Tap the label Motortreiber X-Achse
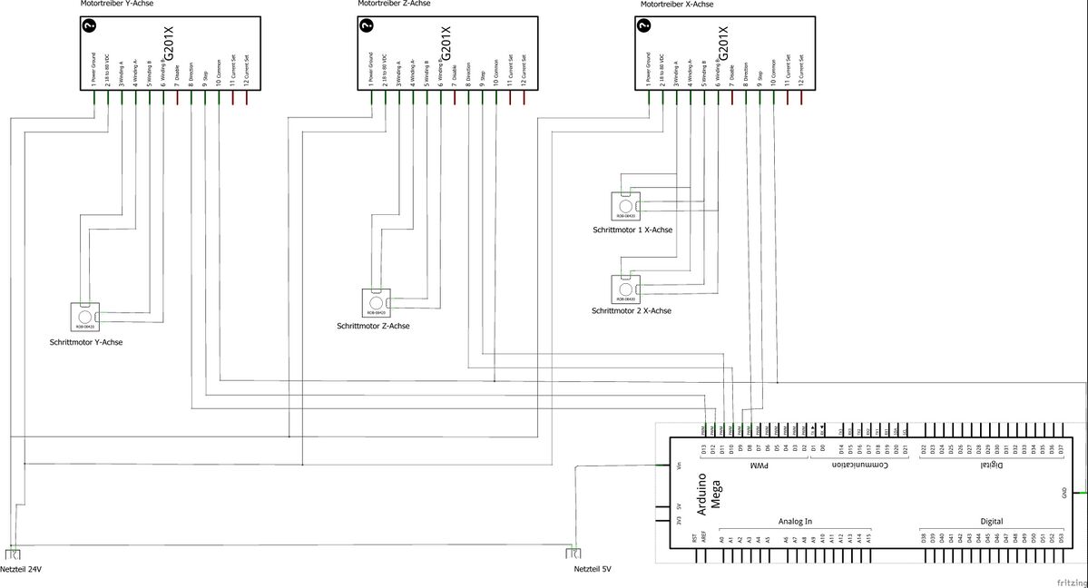tap(676, 5)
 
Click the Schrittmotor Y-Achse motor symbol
tap(86, 316)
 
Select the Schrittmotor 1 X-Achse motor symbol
tap(625, 206)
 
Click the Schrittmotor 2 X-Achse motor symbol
tap(625, 288)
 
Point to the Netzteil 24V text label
tap(22, 570)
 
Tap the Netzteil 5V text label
tap(593, 570)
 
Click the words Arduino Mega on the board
tap(707, 494)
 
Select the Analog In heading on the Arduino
tap(796, 522)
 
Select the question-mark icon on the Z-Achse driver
tap(367, 26)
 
